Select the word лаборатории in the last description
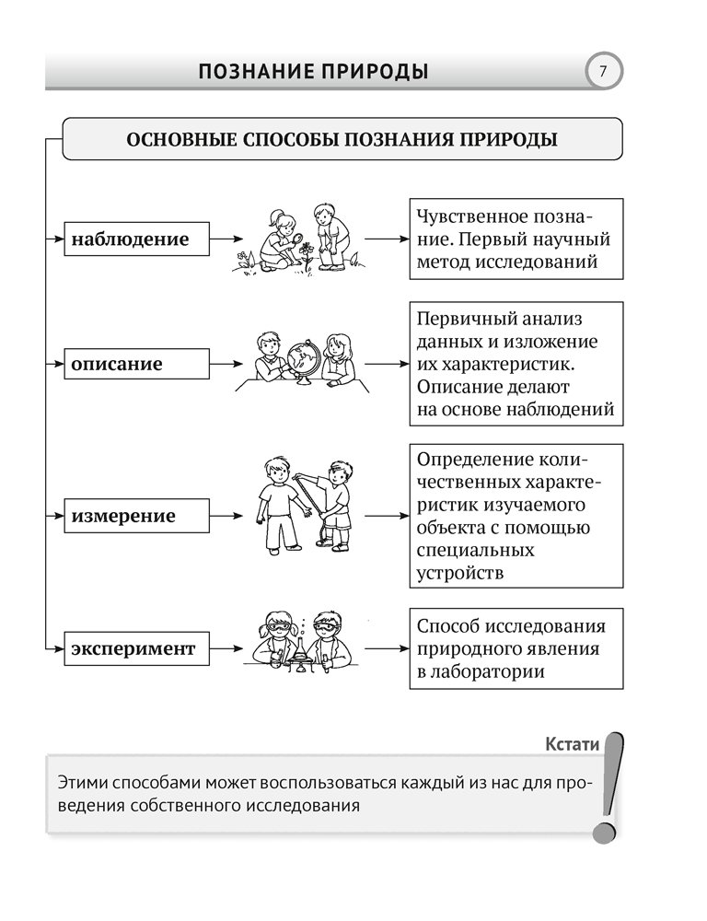coord(493,671)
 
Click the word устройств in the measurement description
coord(460,573)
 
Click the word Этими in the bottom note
coord(79,783)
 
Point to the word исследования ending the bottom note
coord(304,806)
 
